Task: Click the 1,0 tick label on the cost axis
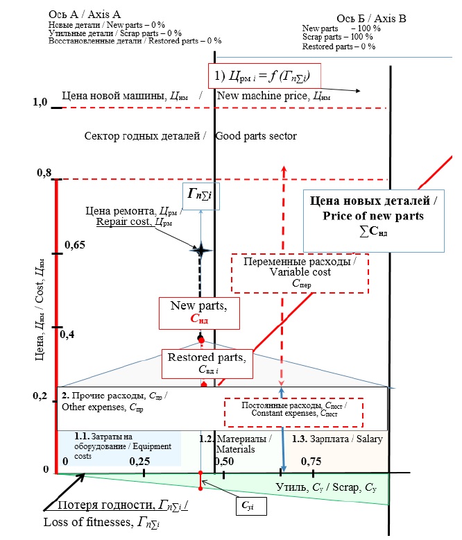pos(40,103)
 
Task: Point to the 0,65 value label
pos(76,245)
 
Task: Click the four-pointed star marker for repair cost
pos(200,251)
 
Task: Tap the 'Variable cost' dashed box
pos(300,272)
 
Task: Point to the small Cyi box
pos(247,507)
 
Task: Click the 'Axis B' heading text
pos(371,18)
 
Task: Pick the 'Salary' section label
pos(338,439)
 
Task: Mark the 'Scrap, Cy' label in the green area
pos(326,485)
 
